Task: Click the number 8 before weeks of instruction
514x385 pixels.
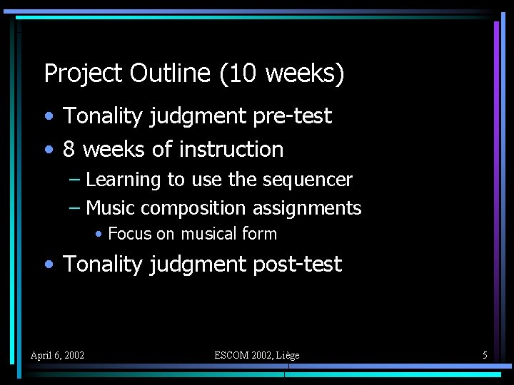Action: [x=69, y=150]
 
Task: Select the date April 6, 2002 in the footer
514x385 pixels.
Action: [x=57, y=355]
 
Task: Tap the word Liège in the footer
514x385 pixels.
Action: [x=286, y=355]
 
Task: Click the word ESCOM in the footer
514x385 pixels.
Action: [x=233, y=355]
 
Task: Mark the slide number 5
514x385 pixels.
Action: [x=485, y=355]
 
